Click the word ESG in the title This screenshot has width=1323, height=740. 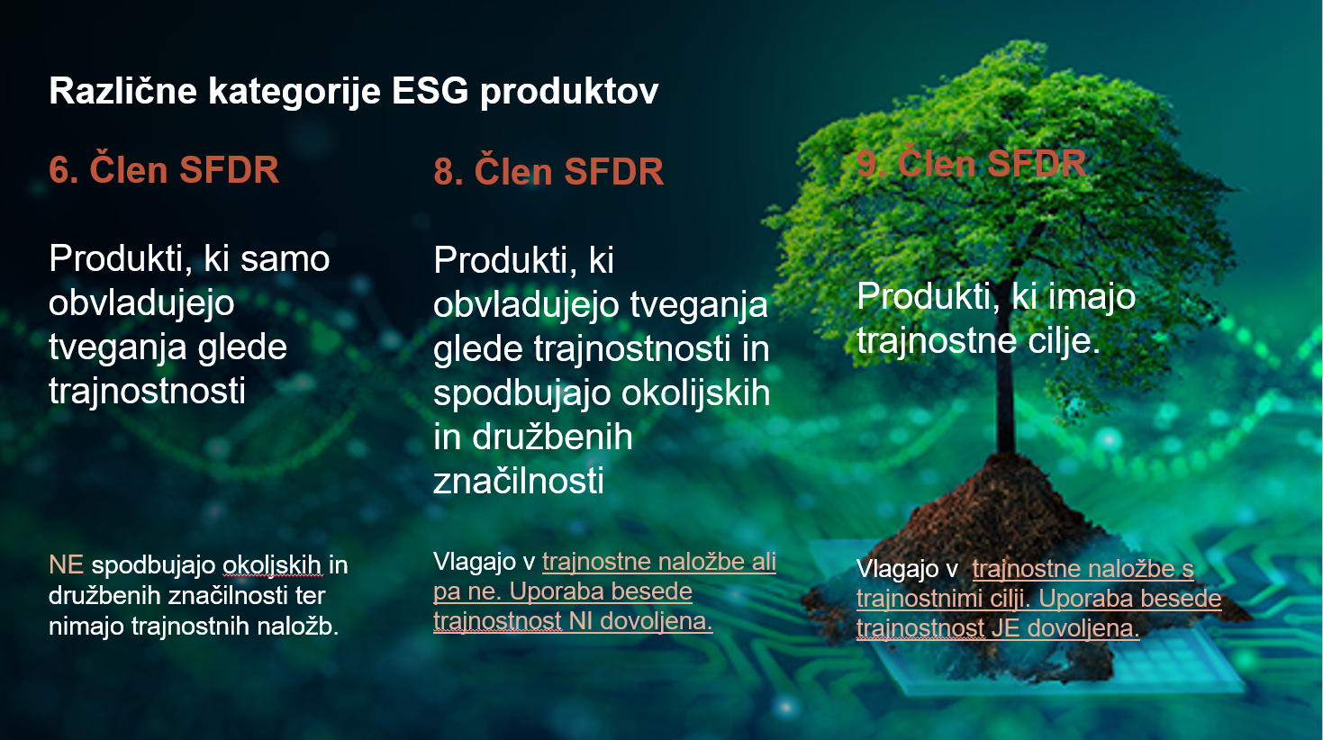pyautogui.click(x=430, y=91)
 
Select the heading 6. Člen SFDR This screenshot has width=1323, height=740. pyautogui.click(x=164, y=169)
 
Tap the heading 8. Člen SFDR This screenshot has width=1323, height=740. pyautogui.click(x=548, y=171)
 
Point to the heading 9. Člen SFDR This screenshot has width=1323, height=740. pyautogui.click(x=972, y=164)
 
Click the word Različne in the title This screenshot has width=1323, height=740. pyautogui.click(x=122, y=91)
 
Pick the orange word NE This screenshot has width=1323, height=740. pyautogui.click(x=66, y=565)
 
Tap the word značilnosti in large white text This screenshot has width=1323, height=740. pyautogui.click(x=519, y=481)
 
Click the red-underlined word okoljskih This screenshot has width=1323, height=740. pyautogui.click(x=272, y=565)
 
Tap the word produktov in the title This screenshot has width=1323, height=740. pyautogui.click(x=569, y=92)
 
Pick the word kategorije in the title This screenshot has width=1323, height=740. pyautogui.click(x=295, y=92)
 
